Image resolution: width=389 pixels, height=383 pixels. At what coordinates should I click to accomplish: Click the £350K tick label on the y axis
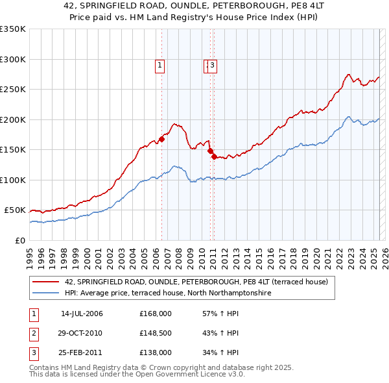(x=13, y=29)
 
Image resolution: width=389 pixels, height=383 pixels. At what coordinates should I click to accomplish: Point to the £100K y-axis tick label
(x=13, y=180)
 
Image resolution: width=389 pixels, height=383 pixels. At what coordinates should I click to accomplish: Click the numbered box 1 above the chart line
(x=159, y=64)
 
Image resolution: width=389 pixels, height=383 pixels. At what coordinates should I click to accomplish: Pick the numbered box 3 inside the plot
(x=212, y=64)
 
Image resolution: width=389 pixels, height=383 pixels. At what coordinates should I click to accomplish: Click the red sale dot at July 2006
(x=161, y=138)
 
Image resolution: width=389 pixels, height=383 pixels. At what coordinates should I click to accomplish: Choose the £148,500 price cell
(x=156, y=333)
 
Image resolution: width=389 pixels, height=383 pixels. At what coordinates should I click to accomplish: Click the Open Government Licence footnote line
(x=137, y=375)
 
